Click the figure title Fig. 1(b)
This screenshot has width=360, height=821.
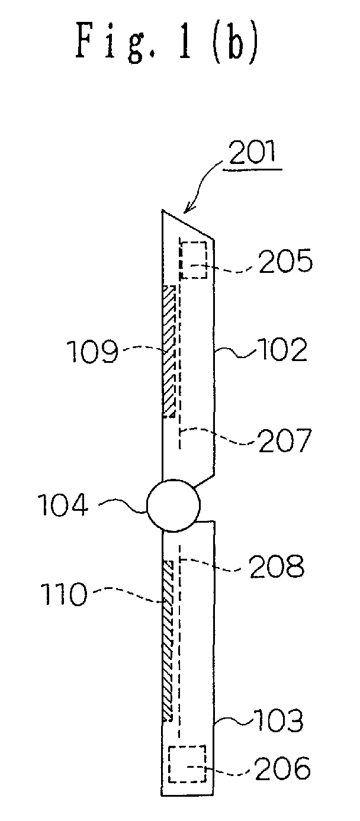167,43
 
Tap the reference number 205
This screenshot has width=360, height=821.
285,261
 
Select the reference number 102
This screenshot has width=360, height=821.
281,350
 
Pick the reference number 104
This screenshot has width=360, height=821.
63,504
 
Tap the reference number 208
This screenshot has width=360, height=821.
277,566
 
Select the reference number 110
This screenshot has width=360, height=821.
64,594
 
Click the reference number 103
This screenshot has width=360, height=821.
279,720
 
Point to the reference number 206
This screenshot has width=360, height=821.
283,768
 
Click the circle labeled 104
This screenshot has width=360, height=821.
173,506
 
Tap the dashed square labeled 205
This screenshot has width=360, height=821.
194,259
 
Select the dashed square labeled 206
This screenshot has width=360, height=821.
187,764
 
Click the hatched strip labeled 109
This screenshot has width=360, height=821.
169,352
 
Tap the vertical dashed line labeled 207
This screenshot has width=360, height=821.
179,343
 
